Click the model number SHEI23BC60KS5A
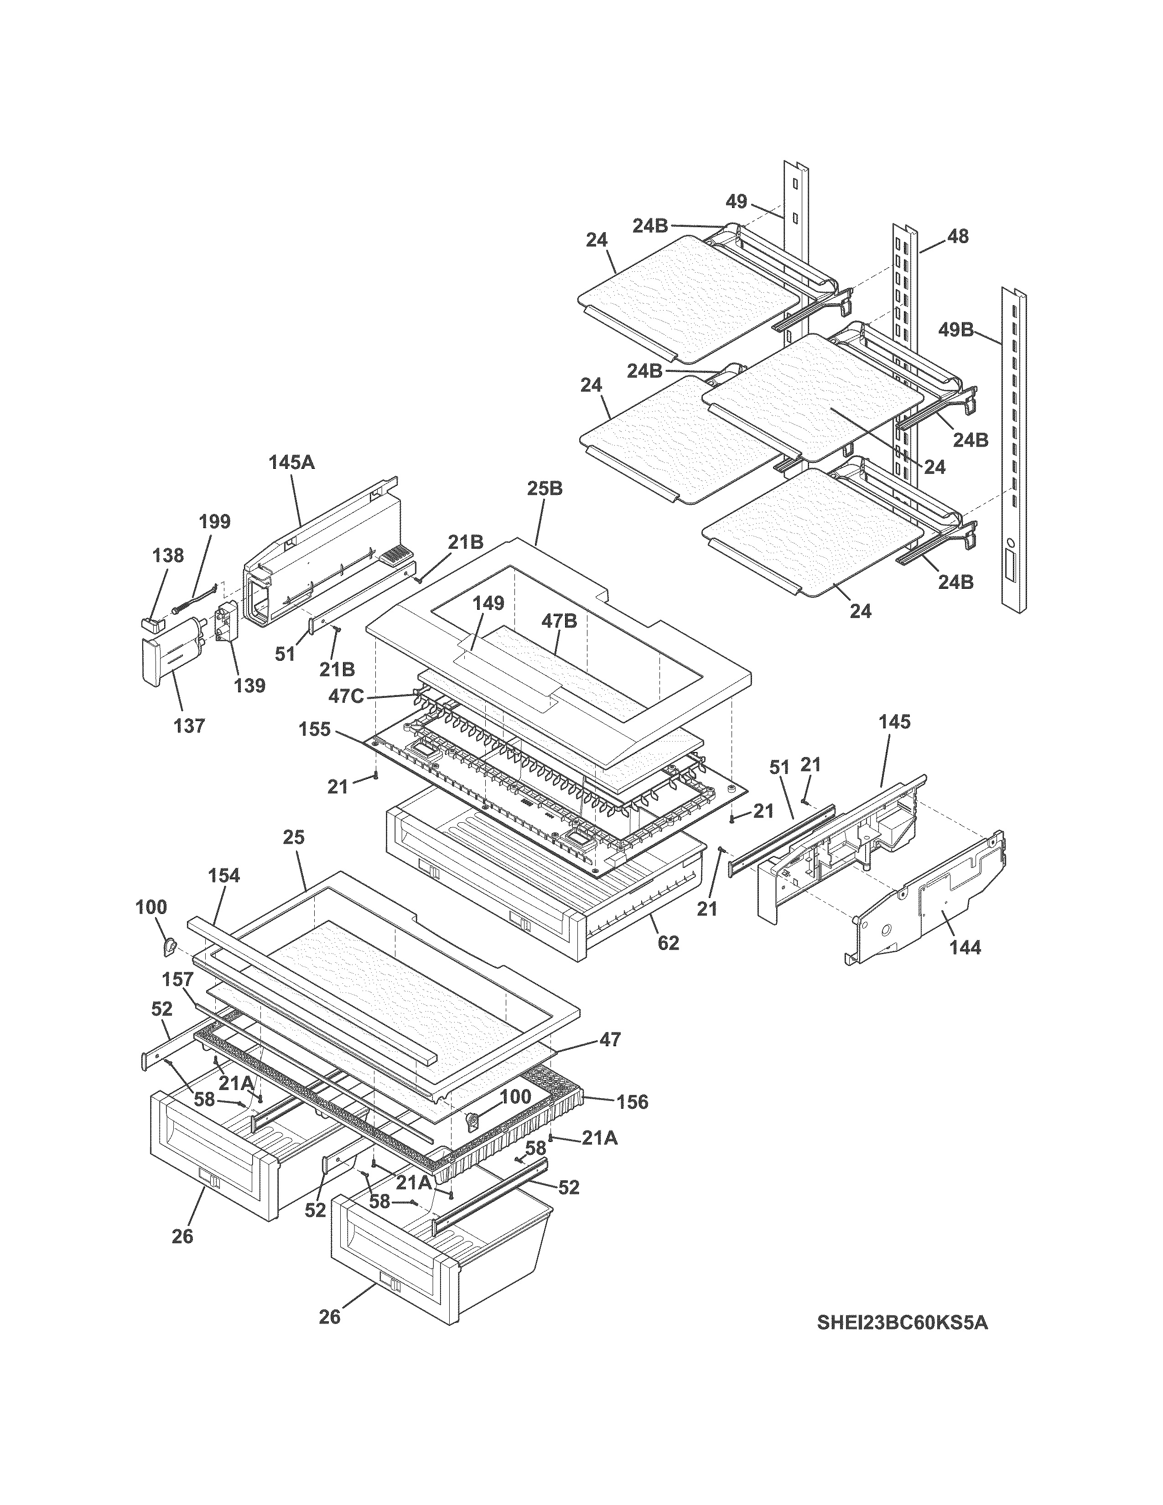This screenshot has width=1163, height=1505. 902,1323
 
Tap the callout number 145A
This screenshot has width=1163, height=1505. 291,462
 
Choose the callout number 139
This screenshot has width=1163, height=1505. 249,685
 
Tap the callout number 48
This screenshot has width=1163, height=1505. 958,236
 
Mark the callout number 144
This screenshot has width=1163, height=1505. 965,948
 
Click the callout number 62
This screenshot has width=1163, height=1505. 668,943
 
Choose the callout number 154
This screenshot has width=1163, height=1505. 224,875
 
